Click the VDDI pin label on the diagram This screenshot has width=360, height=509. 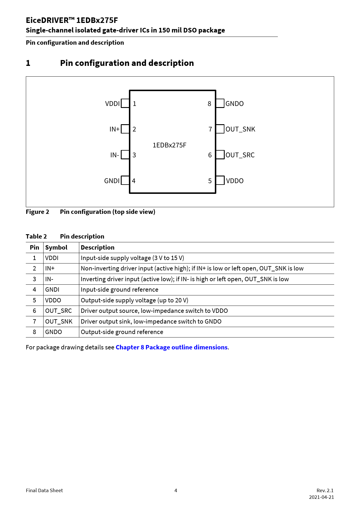(x=112, y=104)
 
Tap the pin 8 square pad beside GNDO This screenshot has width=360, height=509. (x=220, y=103)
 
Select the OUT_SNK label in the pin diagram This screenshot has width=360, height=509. (x=240, y=129)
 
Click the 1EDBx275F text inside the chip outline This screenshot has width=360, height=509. (x=170, y=145)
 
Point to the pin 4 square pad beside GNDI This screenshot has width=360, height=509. (x=125, y=180)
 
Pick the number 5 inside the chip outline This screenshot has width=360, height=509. (x=210, y=181)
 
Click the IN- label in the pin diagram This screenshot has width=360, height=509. (x=115, y=155)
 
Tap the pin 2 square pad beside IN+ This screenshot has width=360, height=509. (x=125, y=129)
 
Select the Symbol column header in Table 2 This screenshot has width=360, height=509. (x=56, y=248)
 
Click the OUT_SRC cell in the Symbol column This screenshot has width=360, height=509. (x=58, y=311)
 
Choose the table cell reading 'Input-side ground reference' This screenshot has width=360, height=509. (x=120, y=290)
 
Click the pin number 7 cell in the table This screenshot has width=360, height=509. (x=34, y=322)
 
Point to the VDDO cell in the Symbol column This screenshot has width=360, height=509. (x=53, y=300)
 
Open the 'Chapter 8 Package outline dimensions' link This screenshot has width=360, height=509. (x=172, y=347)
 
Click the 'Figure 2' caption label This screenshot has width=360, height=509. (x=37, y=212)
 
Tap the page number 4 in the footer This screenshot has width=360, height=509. (x=176, y=490)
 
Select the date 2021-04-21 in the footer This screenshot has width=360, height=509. (x=321, y=497)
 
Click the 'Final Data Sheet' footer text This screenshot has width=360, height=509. (x=44, y=490)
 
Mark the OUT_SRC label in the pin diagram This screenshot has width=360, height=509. (x=240, y=155)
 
